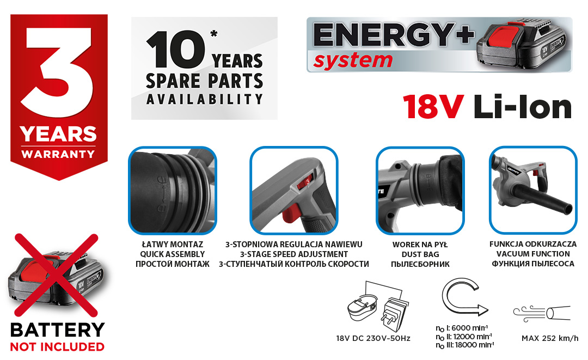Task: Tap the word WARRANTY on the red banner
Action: pyautogui.click(x=58, y=154)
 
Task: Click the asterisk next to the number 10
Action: pyautogui.click(x=214, y=34)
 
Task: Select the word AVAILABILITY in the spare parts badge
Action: pyautogui.click(x=204, y=99)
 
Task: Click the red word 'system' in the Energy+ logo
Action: pyautogui.click(x=353, y=60)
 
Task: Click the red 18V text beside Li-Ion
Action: pyautogui.click(x=433, y=107)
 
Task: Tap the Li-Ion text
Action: pyautogui.click(x=523, y=107)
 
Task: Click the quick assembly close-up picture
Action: pyautogui.click(x=173, y=190)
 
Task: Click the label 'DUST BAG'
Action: pyautogui.click(x=420, y=254)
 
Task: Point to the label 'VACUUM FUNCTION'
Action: pyautogui.click(x=533, y=254)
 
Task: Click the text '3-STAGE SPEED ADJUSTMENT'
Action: pyautogui.click(x=294, y=254)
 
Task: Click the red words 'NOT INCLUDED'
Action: pyautogui.click(x=57, y=347)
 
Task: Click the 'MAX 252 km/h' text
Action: pyautogui.click(x=550, y=338)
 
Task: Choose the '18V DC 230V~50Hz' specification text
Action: pyautogui.click(x=373, y=338)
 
